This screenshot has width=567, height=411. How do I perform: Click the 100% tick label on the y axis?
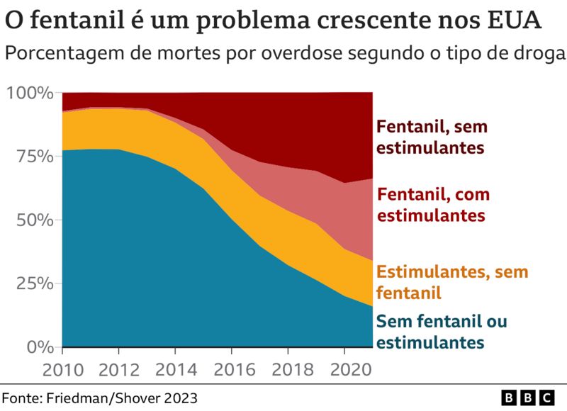click(x=29, y=93)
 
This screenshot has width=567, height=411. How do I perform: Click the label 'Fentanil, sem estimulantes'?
click(x=432, y=137)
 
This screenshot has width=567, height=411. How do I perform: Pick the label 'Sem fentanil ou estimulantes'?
click(x=441, y=332)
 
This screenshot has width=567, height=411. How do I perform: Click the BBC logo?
click(x=528, y=398)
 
